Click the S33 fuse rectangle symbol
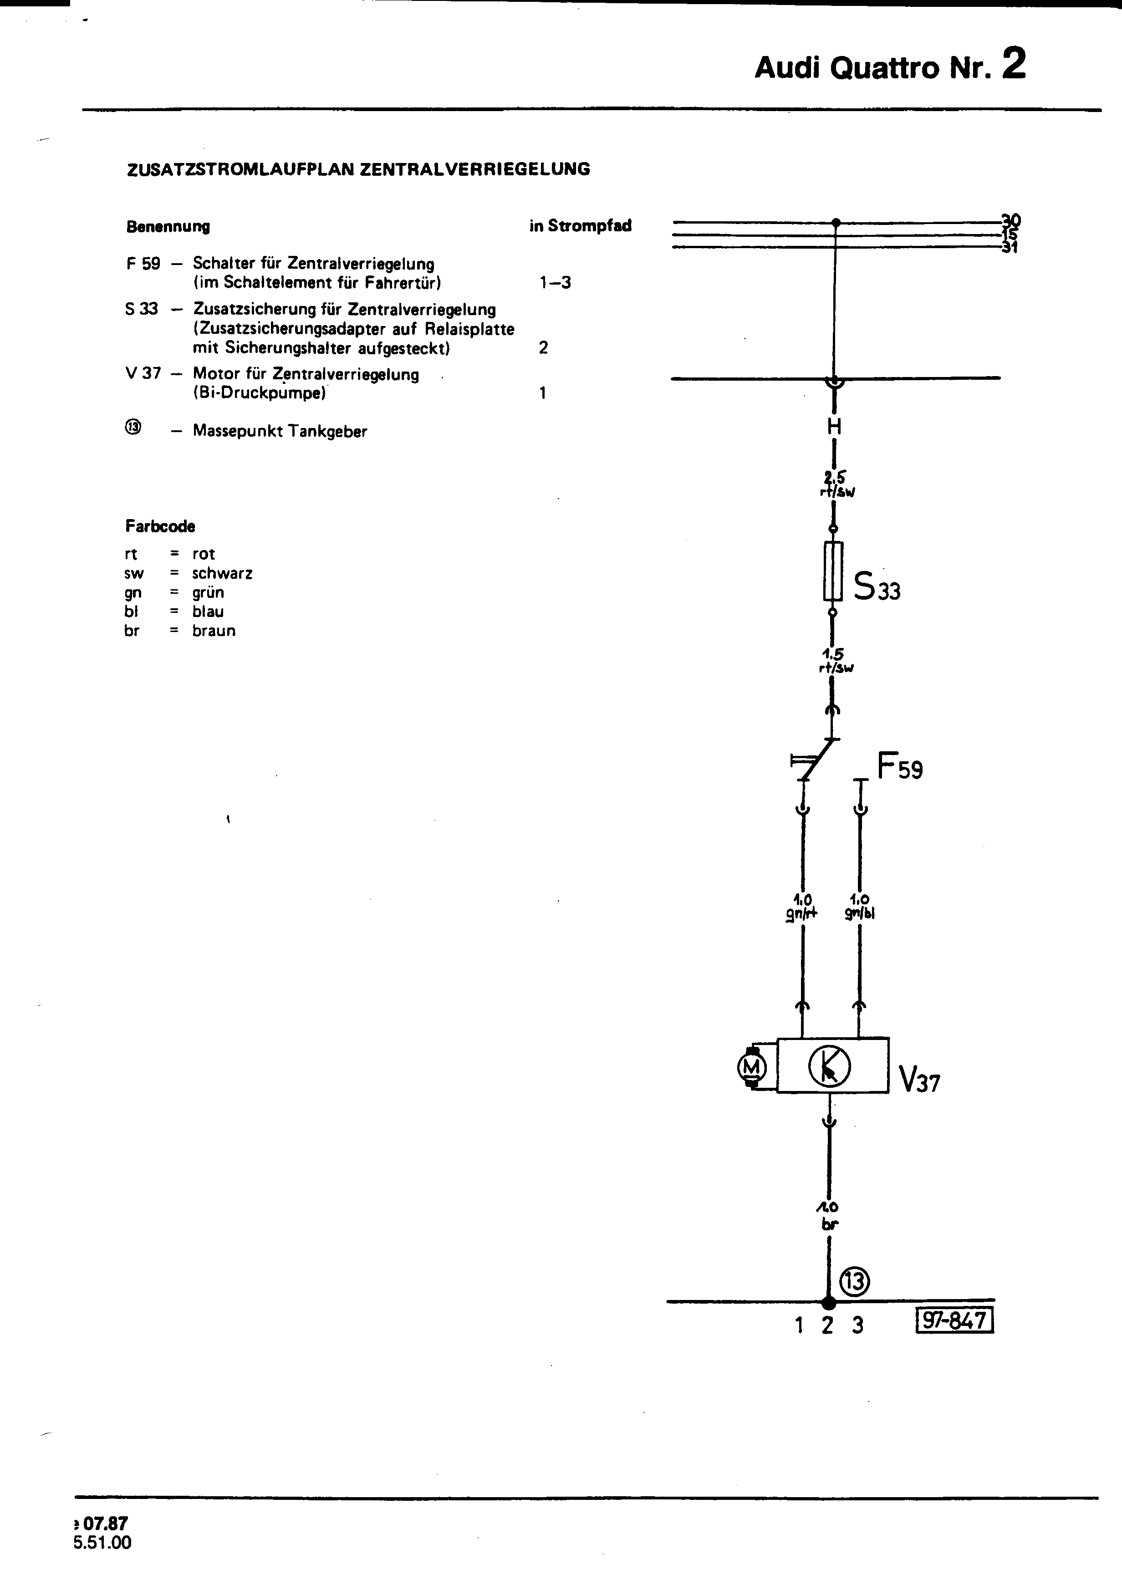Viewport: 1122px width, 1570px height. tap(832, 571)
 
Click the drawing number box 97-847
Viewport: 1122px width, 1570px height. tap(954, 1320)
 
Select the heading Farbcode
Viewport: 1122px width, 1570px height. tap(160, 526)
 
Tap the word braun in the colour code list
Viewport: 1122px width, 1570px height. tap(214, 631)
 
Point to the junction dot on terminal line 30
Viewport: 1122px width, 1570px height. tap(836, 222)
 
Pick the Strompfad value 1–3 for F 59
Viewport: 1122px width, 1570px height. tap(555, 282)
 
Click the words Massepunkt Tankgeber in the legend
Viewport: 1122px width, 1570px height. tap(280, 431)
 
